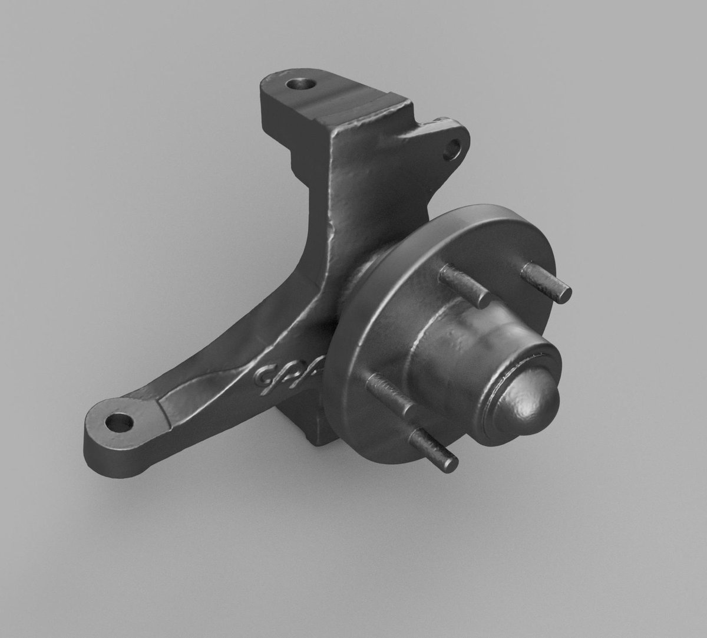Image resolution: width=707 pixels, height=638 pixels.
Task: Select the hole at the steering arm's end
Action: click(x=120, y=422)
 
